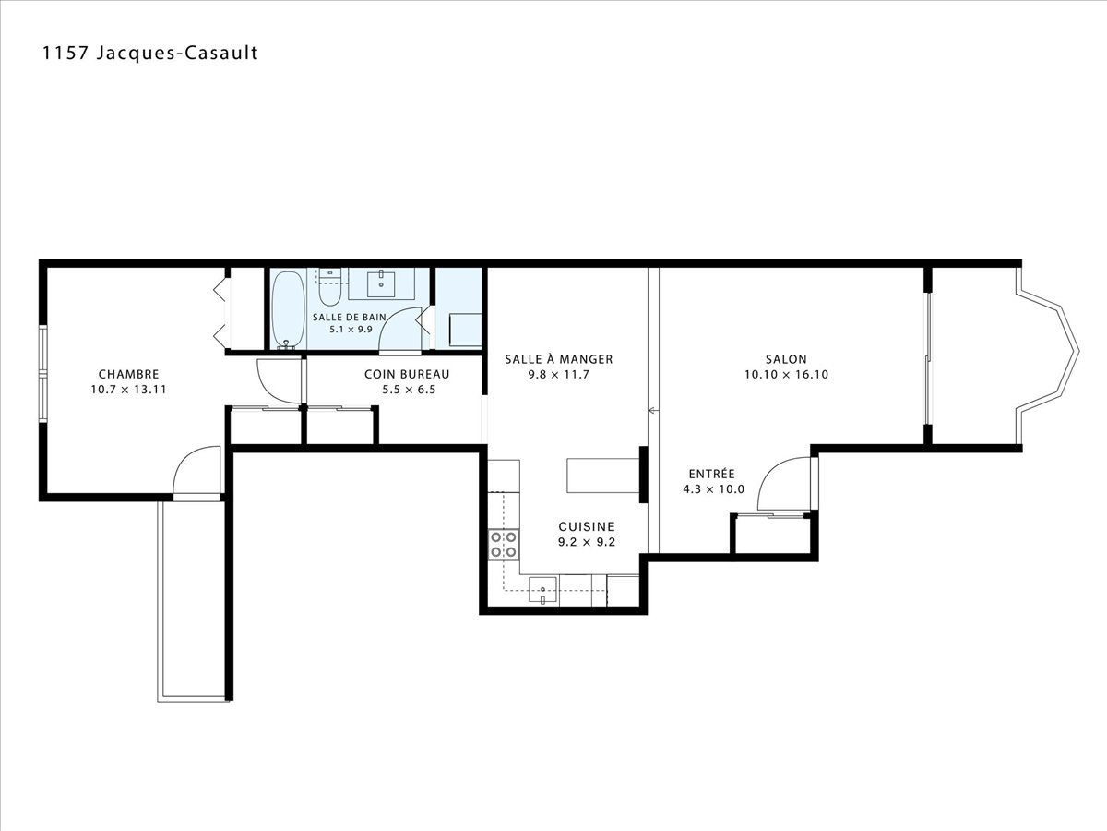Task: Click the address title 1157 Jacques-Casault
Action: (149, 53)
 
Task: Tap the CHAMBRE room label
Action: (128, 374)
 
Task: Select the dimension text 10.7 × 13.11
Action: (128, 390)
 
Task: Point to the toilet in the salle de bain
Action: (330, 287)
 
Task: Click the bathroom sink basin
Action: (381, 283)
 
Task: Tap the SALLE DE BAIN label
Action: (350, 318)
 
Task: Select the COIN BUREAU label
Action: (407, 374)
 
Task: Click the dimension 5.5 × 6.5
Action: (409, 390)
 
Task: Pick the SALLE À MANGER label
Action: (559, 359)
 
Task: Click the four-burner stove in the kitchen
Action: (504, 545)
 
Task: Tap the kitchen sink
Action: (542, 590)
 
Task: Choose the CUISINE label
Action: (587, 526)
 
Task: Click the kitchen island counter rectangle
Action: (603, 476)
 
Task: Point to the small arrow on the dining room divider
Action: (653, 411)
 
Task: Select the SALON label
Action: (786, 359)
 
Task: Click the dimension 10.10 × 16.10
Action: (786, 374)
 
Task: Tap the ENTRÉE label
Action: (712, 474)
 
